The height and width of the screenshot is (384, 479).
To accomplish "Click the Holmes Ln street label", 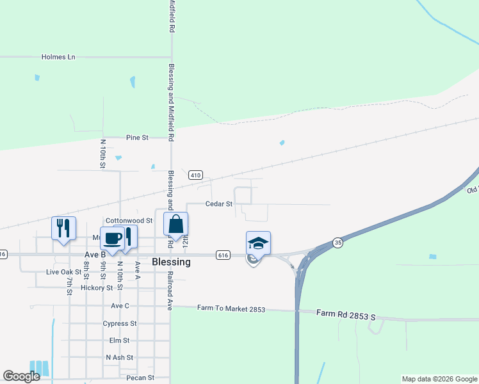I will click(58, 57).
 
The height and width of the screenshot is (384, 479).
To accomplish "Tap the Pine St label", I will click(137, 138).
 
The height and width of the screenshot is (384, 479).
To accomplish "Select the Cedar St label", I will click(218, 204).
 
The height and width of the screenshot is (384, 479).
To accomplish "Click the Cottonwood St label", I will click(129, 220).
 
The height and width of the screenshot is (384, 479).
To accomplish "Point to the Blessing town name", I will click(171, 262).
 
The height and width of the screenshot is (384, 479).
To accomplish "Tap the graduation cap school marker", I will click(258, 244).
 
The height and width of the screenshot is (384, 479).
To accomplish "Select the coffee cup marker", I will click(112, 239).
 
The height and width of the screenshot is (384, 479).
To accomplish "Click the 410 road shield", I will click(196, 175).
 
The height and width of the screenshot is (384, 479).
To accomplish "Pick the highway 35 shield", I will click(337, 243).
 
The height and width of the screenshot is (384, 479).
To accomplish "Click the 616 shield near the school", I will click(223, 255).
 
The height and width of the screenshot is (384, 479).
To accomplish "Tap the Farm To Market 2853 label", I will click(231, 310).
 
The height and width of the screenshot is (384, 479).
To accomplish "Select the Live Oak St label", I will click(64, 272).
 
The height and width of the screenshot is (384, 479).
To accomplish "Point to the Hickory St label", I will click(97, 288).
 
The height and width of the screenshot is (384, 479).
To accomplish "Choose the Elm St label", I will click(124, 341).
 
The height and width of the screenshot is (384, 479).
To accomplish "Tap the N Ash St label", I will click(119, 358).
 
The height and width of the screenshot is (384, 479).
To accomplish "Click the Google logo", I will click(21, 376).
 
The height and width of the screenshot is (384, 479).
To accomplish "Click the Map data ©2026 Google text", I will click(439, 379).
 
